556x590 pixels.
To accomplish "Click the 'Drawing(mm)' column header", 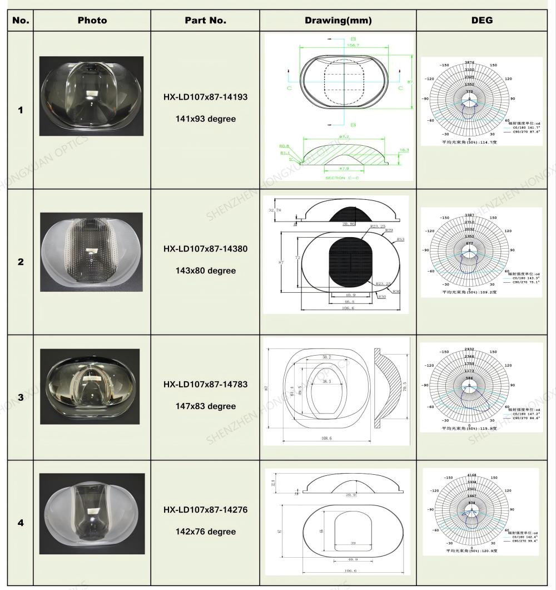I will coord(338,21).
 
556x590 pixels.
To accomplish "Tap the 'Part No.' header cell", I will coord(205,21).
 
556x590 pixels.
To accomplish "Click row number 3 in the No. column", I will coord(21,397).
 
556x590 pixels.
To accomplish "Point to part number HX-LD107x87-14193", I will coord(205,97).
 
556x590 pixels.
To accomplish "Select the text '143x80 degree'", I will coord(205,271).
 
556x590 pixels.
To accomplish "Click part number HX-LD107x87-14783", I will coord(205,385).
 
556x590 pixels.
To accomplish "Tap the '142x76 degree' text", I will coord(205,532).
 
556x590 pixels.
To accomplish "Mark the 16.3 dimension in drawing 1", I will coord(404,150).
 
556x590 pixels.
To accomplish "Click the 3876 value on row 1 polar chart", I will coord(470,62).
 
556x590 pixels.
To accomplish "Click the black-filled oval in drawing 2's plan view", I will coord(350,262).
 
